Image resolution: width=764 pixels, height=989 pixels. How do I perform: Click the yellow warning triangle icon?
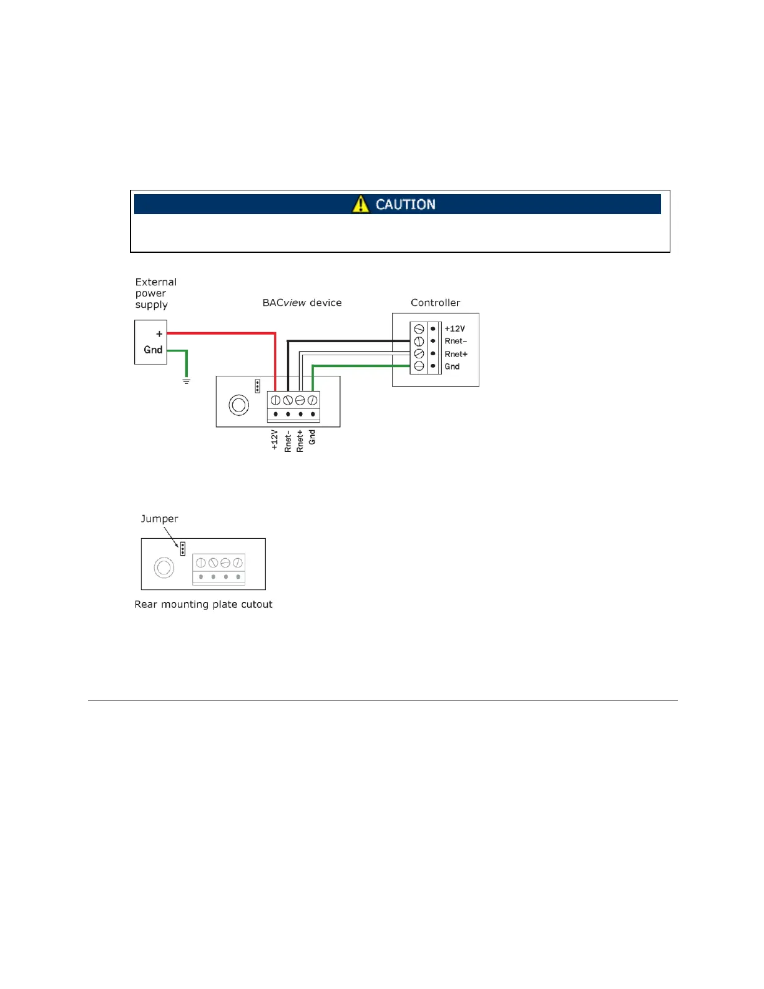tap(360, 204)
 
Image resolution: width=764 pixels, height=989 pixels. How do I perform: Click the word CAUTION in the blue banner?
tap(405, 204)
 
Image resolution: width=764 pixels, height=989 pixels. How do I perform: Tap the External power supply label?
tap(155, 293)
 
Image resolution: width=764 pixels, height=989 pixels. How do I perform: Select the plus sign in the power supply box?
tap(159, 334)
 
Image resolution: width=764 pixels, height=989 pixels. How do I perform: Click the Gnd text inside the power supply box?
tap(153, 350)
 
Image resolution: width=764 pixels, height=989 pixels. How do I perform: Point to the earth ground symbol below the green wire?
tap(186, 381)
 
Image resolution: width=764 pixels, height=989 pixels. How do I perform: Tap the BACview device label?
tap(301, 303)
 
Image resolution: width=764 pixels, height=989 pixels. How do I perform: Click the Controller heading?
tap(435, 303)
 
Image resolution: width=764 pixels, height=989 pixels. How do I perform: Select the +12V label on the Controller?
tap(454, 329)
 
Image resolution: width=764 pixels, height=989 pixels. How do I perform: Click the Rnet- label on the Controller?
tap(455, 342)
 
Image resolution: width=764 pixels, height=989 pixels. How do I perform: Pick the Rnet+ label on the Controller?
tap(456, 354)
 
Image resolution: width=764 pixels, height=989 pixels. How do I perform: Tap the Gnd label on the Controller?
tap(452, 367)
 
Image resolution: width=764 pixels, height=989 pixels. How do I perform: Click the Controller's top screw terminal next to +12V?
tap(419, 329)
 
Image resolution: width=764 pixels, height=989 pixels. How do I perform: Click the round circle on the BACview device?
tap(239, 405)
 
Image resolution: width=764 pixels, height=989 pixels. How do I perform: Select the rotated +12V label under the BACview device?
tap(275, 439)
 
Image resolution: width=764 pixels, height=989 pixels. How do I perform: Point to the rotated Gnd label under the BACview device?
tap(312, 437)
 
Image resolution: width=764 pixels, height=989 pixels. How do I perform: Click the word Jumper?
tap(159, 519)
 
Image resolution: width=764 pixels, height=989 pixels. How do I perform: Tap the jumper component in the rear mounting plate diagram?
tap(182, 549)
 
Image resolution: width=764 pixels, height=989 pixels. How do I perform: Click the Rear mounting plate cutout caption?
tap(203, 604)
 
